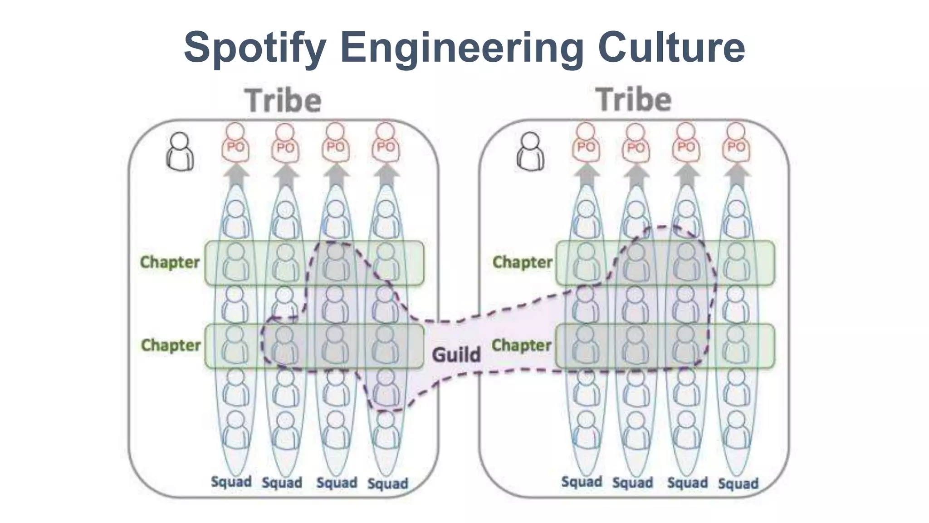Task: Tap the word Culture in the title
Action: tap(671, 47)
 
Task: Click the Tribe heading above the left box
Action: tap(284, 101)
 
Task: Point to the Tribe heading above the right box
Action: tap(633, 100)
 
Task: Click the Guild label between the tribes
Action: tap(456, 355)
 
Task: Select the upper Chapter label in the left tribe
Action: tap(170, 262)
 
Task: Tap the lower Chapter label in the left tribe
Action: tap(171, 345)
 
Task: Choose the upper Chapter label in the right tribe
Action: tap(522, 262)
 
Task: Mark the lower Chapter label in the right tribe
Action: tap(521, 345)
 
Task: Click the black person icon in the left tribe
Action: tap(180, 152)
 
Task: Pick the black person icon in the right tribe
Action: tap(530, 152)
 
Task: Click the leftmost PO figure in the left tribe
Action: tap(235, 143)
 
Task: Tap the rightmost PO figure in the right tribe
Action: tap(736, 143)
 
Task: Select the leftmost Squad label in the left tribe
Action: tap(231, 482)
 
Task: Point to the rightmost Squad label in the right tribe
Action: tap(738, 484)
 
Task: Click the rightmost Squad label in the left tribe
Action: tap(387, 484)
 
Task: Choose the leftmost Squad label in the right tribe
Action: tap(582, 482)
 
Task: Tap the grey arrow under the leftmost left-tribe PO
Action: tap(235, 175)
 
